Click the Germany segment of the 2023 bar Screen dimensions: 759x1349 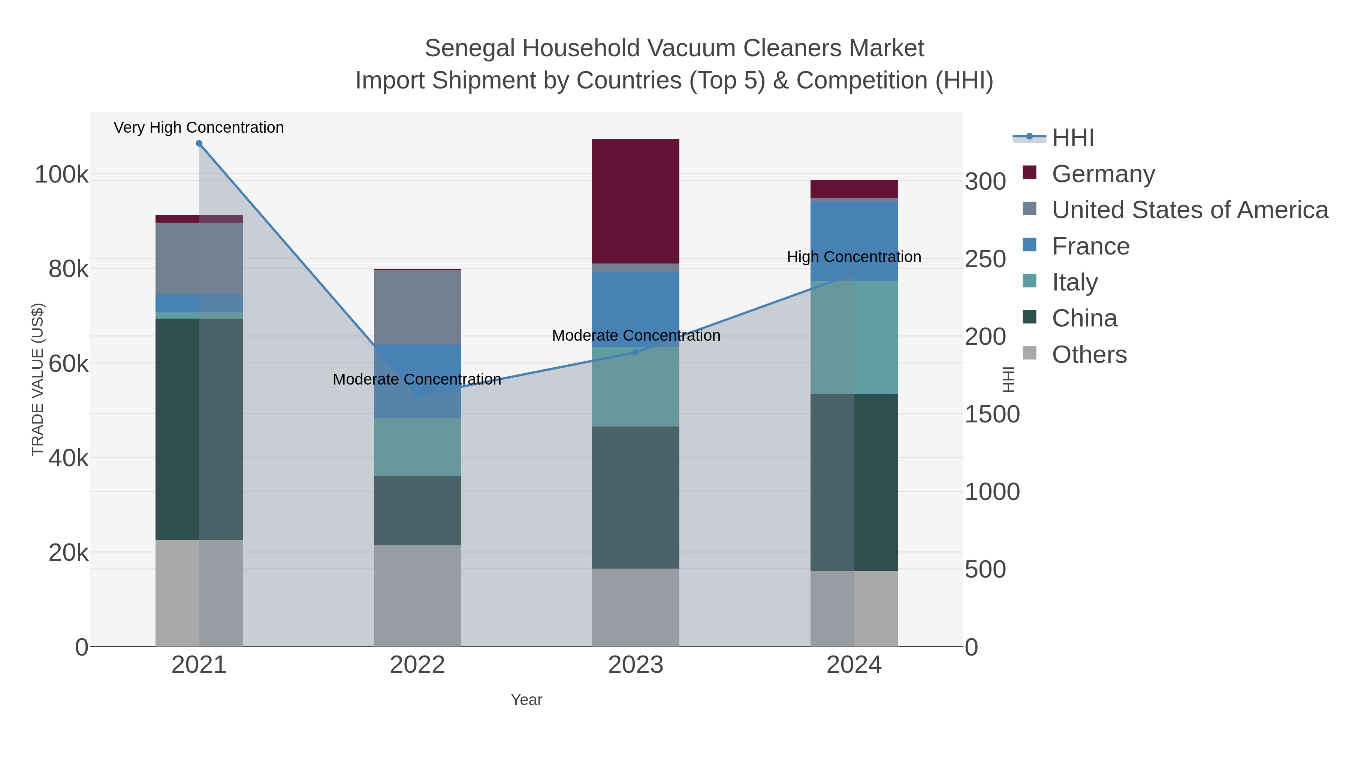coord(635,201)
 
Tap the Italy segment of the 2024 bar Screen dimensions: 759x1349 coord(854,337)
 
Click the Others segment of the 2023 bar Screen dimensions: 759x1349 coord(635,607)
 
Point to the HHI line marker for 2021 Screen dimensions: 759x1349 coord(199,144)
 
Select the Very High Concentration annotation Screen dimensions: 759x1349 coord(199,128)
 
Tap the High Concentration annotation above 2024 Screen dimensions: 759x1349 coord(854,257)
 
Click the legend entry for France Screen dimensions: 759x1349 coord(1090,246)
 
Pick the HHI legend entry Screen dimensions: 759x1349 coord(1072,138)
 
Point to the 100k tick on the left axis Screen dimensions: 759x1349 coord(62,174)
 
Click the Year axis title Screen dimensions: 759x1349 coord(526,700)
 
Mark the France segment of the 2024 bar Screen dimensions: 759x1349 coord(854,241)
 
